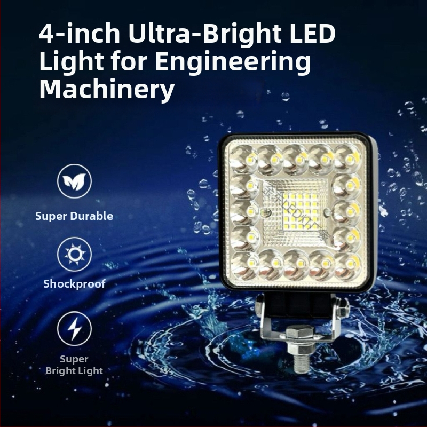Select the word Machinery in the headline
click(x=107, y=90)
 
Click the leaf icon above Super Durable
click(x=74, y=182)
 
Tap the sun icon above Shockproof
click(x=74, y=254)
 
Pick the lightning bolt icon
click(x=74, y=328)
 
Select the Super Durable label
click(x=74, y=216)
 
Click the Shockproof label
click(x=74, y=284)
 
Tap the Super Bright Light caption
click(x=74, y=365)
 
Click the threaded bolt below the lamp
click(x=299, y=362)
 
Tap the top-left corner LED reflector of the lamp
click(x=244, y=159)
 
